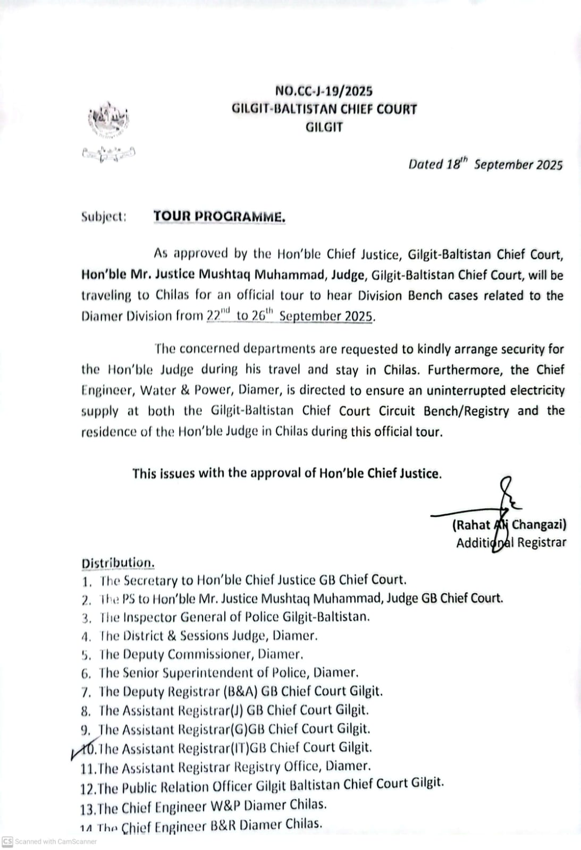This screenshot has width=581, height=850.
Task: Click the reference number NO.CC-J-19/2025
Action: point(324,91)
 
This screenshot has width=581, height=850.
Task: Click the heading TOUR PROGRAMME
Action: point(219,217)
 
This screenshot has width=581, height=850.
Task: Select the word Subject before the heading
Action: point(104,217)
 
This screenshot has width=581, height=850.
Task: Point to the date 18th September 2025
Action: point(485,164)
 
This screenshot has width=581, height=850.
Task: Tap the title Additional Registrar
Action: point(511,542)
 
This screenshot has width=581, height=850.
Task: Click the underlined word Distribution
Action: point(118,563)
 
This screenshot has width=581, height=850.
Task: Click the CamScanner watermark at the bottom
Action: point(50,841)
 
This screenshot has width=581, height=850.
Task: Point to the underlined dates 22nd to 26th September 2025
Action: point(290,316)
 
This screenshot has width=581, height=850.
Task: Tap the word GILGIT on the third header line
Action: point(324,127)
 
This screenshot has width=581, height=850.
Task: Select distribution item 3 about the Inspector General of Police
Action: point(234,617)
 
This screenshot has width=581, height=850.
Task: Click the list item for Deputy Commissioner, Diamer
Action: point(201,654)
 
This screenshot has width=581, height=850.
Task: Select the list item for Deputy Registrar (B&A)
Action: point(240,691)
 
